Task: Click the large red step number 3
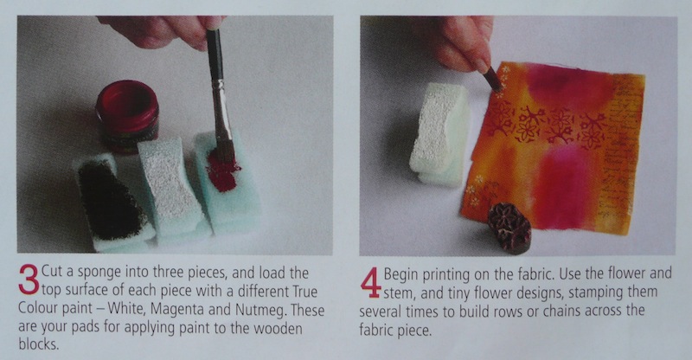click(x=29, y=280)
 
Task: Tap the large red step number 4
click(x=371, y=283)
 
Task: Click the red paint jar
click(x=127, y=116)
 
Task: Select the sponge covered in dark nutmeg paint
click(x=112, y=201)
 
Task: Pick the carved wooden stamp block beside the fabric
click(x=509, y=228)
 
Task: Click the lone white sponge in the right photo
click(x=440, y=134)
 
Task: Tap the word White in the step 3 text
click(x=125, y=308)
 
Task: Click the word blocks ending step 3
click(x=38, y=344)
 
